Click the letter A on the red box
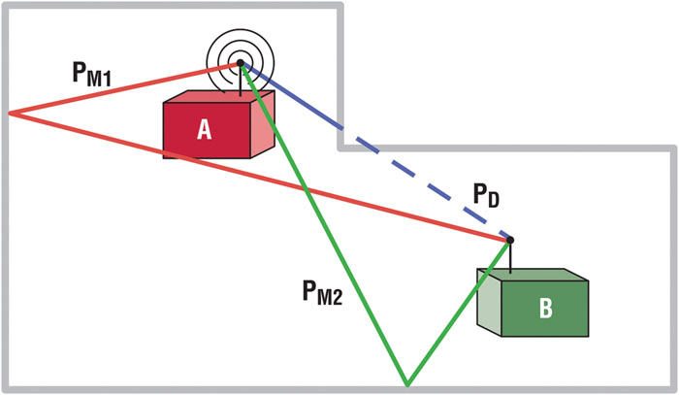[204, 130]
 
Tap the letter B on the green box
[545, 309]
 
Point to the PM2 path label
[320, 288]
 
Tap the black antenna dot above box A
[241, 63]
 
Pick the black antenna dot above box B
[510, 239]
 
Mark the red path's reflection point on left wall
[11, 113]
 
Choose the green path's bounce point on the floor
[406, 384]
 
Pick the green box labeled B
[543, 306]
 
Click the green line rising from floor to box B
[456, 315]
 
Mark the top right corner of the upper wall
[340, 8]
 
